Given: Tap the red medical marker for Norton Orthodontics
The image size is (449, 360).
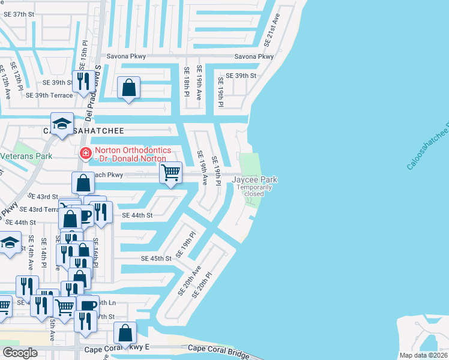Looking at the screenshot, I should pyautogui.click(x=86, y=154).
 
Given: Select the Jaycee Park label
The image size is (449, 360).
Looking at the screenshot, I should pyautogui.click(x=255, y=179).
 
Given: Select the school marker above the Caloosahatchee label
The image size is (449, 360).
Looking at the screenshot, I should pyautogui.click(x=62, y=124).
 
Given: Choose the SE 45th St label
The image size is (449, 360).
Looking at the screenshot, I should pyautogui.click(x=156, y=259).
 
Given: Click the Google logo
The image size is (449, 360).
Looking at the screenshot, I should pyautogui.click(x=20, y=352).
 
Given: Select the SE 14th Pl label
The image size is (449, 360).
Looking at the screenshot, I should pyautogui.click(x=44, y=252).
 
